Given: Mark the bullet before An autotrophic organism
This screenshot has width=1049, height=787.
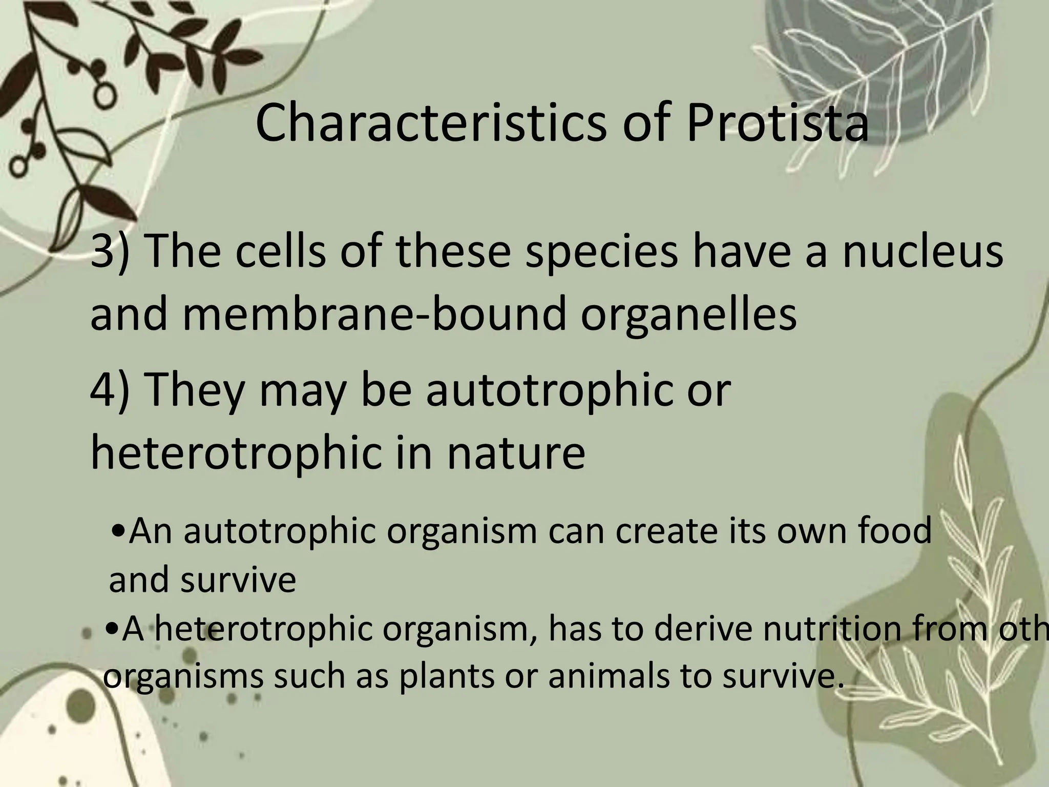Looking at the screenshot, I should pyautogui.click(x=119, y=531).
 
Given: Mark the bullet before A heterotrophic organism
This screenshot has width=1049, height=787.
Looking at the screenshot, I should pyautogui.click(x=112, y=629).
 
